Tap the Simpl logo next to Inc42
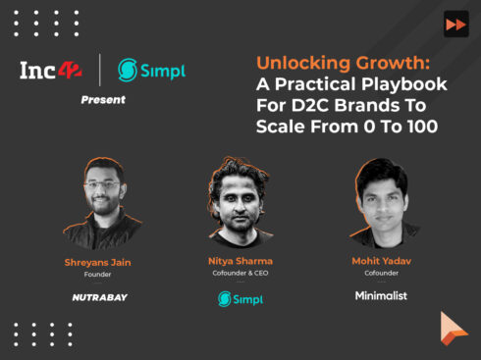click(151, 70)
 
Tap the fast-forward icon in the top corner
click(455, 26)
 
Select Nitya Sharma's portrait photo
click(240, 201)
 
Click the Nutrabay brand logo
click(100, 296)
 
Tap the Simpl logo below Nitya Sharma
click(239, 298)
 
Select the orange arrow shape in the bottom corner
click(453, 329)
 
